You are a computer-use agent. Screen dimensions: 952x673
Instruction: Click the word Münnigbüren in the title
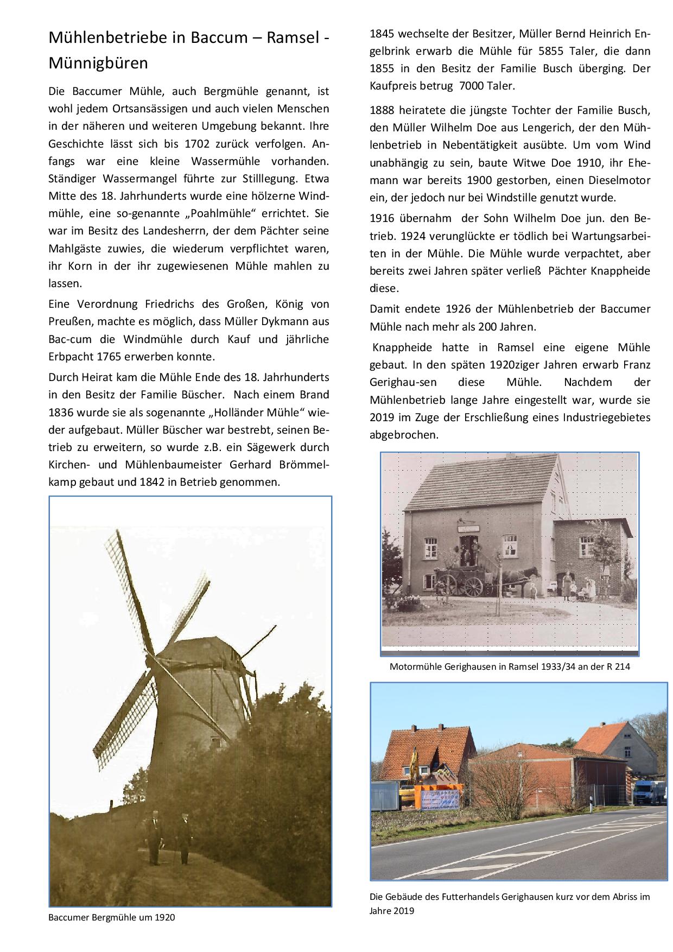pyautogui.click(x=98, y=64)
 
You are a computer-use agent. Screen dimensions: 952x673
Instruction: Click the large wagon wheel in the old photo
pyautogui.click(x=473, y=585)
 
